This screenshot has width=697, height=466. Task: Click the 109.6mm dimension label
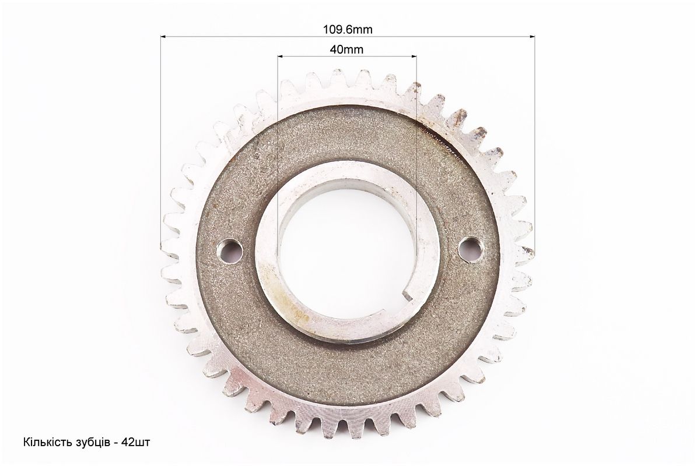[x=348, y=30]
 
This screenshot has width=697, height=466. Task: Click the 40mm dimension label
[x=346, y=50]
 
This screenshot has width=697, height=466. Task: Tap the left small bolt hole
[x=230, y=250]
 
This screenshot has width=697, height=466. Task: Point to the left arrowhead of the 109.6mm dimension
[x=163, y=37]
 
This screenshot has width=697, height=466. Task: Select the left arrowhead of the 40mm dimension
[x=280, y=57]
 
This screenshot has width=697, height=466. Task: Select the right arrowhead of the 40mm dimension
[x=414, y=57]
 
